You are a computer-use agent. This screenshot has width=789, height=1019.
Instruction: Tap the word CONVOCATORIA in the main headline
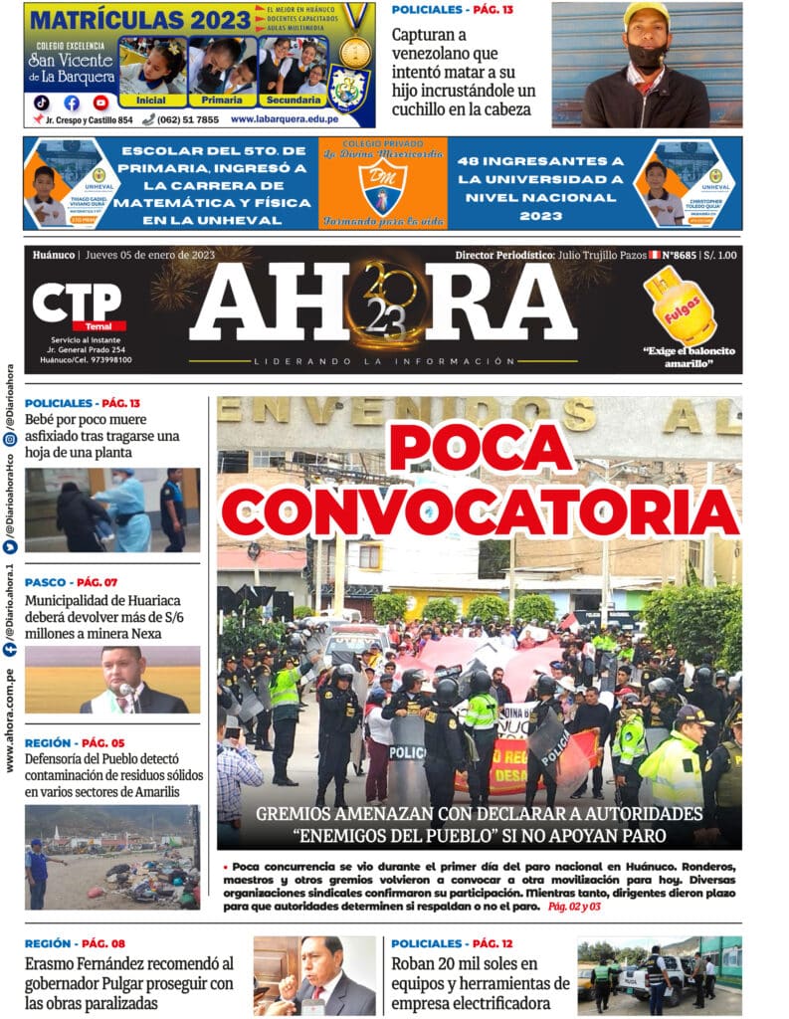point(481,510)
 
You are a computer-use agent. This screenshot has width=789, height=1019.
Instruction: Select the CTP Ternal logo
point(79,306)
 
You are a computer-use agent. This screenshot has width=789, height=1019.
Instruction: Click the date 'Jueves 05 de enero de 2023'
point(149,256)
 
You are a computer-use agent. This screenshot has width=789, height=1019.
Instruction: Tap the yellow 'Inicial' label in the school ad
point(150,100)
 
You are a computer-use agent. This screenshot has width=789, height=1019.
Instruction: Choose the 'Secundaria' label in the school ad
point(292,100)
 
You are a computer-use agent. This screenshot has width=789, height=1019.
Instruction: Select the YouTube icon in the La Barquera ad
point(100,102)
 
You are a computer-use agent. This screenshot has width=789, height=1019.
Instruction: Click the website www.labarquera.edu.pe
point(284,119)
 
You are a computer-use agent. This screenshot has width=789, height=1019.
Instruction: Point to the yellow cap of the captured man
point(646,14)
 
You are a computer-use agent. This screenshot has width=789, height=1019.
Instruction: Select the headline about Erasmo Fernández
point(128,982)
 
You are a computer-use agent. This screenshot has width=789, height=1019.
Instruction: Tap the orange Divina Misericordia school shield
point(382,188)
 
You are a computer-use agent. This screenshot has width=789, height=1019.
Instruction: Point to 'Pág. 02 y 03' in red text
point(574,907)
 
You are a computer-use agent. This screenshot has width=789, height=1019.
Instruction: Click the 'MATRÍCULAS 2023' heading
point(139,19)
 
